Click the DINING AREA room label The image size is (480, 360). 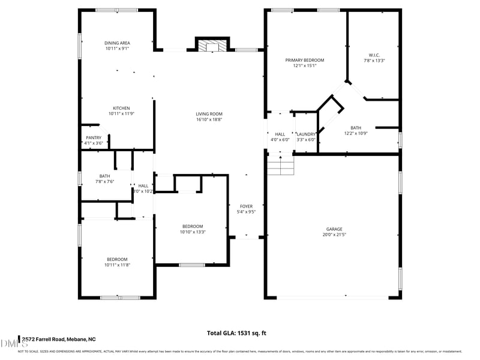[118, 43]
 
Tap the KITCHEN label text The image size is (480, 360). [118, 108]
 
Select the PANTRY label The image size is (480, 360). [94, 137]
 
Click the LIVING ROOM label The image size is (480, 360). [209, 114]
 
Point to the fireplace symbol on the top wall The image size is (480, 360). [212, 46]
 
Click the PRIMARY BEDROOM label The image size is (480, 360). [304, 60]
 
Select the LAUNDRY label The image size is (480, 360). [305, 134]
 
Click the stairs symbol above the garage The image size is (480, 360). [281, 165]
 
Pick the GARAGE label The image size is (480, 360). [334, 229]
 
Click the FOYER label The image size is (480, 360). [247, 206]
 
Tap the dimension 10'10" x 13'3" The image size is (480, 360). [193, 232]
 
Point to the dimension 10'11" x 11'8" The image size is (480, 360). [117, 265]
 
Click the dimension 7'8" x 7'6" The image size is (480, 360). [105, 181]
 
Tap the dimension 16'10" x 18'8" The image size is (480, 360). [209, 119]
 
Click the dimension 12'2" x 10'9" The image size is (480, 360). [356, 133]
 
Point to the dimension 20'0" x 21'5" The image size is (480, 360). [334, 235]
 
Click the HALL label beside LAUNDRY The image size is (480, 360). [280, 134]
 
